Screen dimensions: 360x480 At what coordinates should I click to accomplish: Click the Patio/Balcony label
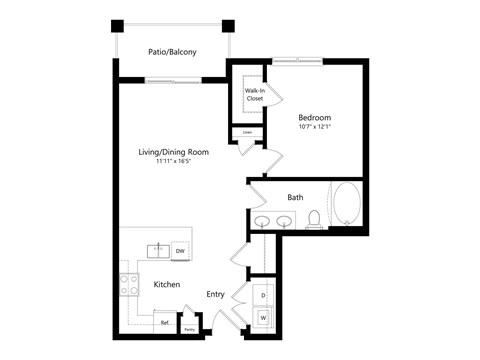point(172,51)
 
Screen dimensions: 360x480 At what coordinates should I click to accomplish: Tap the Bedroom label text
point(314,117)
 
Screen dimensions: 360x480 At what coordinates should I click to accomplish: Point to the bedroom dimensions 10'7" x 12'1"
point(314,127)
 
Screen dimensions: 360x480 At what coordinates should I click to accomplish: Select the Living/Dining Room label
point(174,152)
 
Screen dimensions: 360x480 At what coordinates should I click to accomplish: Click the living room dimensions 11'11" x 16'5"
point(174,162)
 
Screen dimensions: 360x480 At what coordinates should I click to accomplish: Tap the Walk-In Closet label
point(254,95)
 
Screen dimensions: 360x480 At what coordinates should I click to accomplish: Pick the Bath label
point(295,197)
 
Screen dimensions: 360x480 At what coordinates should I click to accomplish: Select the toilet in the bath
point(313,220)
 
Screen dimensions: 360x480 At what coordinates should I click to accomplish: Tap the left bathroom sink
point(262,222)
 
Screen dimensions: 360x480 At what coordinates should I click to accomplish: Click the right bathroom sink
point(285,222)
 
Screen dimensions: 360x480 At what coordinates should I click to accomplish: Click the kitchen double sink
point(158,250)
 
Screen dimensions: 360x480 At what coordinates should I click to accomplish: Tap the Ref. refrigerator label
point(165,323)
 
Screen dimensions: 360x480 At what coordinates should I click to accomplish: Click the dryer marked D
point(263,297)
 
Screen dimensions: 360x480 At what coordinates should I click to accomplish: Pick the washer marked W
point(263,318)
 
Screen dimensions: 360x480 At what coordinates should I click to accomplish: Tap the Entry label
point(215,294)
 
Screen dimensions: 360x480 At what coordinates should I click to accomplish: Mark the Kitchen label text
point(166,285)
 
